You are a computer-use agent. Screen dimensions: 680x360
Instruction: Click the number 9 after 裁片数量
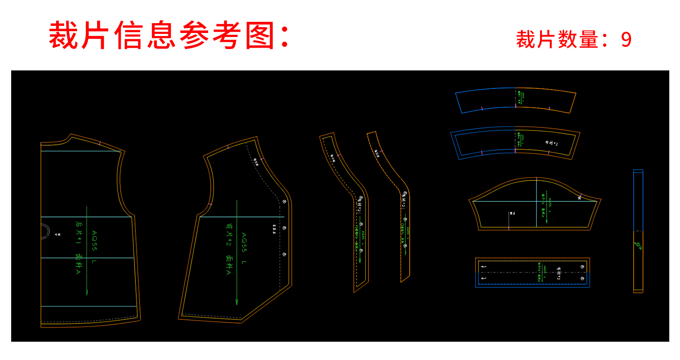coord(626,40)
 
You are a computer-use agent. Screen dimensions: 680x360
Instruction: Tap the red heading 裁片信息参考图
coord(168,36)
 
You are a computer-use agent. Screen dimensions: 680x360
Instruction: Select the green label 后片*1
coord(79,232)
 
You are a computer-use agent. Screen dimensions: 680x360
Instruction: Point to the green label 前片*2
coord(228,235)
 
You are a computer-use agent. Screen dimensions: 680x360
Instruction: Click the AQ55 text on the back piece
coord(94,240)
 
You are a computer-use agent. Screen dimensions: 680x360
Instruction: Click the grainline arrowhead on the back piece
coord(87,292)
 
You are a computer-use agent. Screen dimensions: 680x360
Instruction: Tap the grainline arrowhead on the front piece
coord(237,302)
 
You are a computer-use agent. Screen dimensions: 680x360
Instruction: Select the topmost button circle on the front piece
coord(284,202)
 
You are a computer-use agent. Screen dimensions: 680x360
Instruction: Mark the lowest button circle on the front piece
coord(284,254)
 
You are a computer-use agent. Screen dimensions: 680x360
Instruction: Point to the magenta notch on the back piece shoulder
coord(100,143)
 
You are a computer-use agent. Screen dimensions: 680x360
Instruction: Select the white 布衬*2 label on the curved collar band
coord(551,143)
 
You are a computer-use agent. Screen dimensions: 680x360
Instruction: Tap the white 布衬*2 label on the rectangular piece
coord(559,273)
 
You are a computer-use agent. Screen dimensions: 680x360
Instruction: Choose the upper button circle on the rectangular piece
coord(582,266)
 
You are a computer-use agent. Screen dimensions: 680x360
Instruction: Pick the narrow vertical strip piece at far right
coord(638,231)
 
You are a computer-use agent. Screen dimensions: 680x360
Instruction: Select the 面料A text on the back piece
coord(78,263)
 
